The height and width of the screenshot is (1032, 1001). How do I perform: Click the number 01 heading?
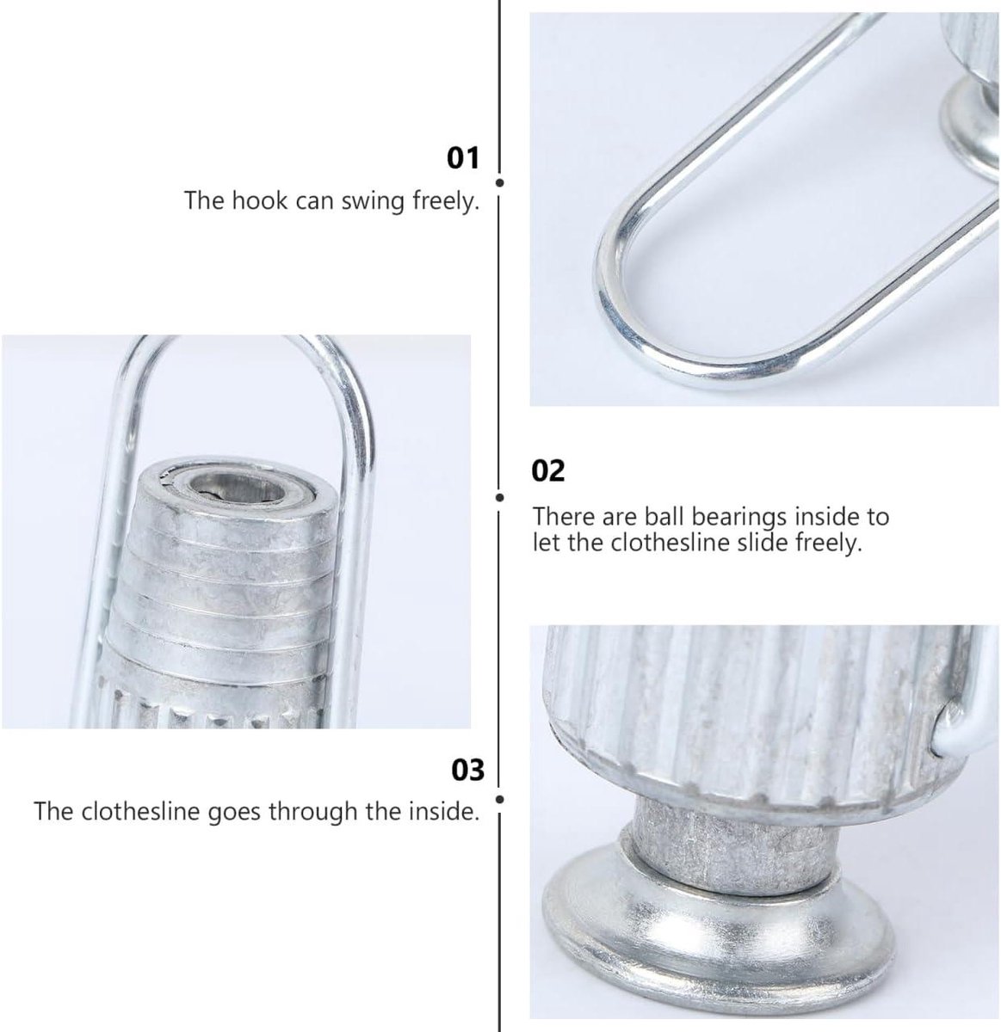463,158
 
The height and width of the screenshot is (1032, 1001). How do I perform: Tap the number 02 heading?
548,470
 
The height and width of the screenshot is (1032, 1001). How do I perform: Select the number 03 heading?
467,770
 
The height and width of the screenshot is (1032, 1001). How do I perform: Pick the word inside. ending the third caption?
445,811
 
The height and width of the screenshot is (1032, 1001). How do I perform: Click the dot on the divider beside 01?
499,183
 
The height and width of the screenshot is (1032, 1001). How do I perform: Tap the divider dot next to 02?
499,497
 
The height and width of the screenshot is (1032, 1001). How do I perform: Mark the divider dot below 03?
499,799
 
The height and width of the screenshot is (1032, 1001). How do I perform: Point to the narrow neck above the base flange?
732,849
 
